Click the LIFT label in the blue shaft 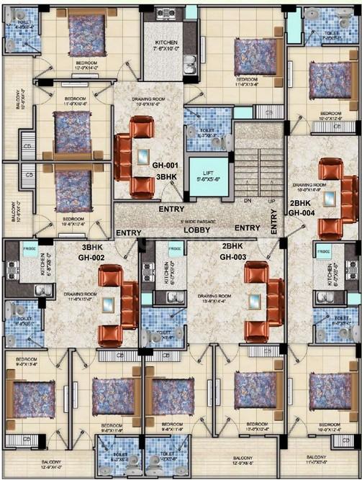[x=207, y=171]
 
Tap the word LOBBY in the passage [x=196, y=230]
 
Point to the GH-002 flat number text [x=94, y=256]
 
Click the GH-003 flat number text [x=234, y=256]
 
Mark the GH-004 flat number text [x=302, y=212]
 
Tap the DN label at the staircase [x=248, y=201]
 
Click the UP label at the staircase [x=271, y=201]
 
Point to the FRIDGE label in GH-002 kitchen [x=31, y=250]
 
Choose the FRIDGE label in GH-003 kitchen [x=175, y=250]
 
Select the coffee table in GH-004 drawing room [x=329, y=197]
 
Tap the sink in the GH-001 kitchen [x=191, y=70]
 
